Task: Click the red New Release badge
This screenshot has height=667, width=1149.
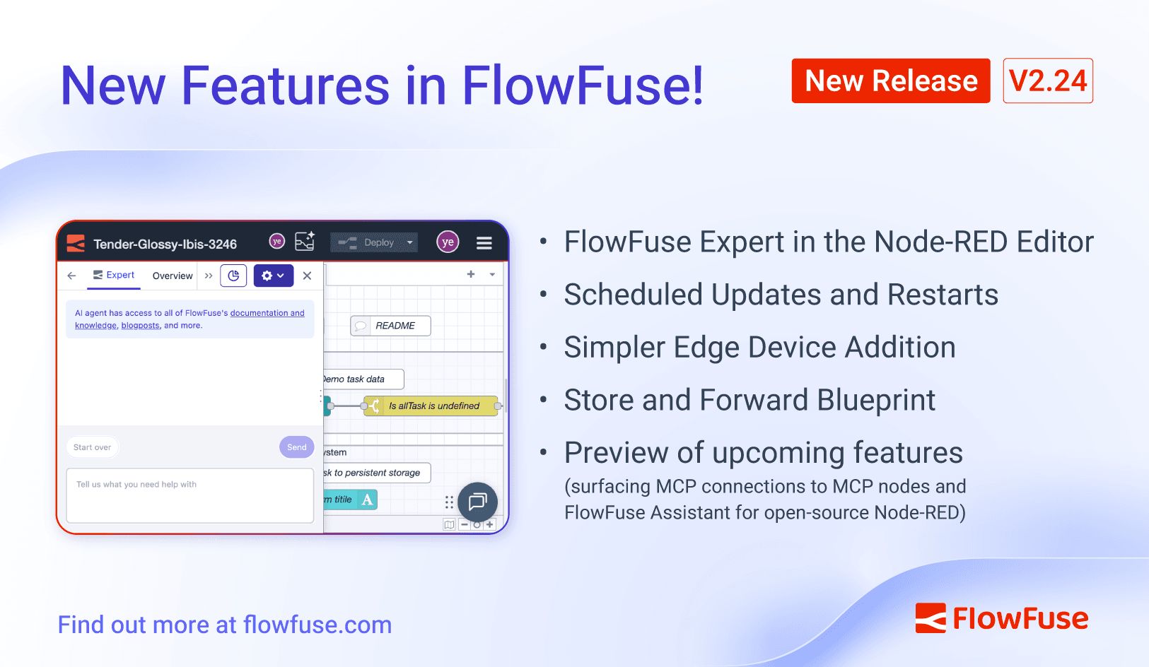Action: (890, 81)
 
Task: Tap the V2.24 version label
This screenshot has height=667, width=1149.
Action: (1047, 81)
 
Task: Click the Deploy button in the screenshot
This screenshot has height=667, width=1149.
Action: (374, 242)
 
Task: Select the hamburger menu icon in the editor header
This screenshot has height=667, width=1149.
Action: (484, 243)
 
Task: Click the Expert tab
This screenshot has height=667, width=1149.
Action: (114, 275)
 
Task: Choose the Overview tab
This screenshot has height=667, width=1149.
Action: (172, 276)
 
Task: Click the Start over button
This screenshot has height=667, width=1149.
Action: (92, 447)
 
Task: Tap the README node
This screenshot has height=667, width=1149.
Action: (390, 326)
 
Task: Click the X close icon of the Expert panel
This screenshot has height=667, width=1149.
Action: (307, 276)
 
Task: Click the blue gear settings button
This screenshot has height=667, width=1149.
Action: (273, 276)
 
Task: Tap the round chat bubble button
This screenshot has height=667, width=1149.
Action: (477, 502)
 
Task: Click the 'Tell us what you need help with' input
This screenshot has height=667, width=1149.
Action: (189, 495)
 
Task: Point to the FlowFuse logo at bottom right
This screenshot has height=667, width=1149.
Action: (1001, 618)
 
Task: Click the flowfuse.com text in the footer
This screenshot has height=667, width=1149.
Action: (317, 625)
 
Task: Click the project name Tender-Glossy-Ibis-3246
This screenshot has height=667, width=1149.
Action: (165, 244)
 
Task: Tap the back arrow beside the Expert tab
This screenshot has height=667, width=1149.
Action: (71, 276)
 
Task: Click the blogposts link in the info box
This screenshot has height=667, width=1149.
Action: (140, 326)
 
